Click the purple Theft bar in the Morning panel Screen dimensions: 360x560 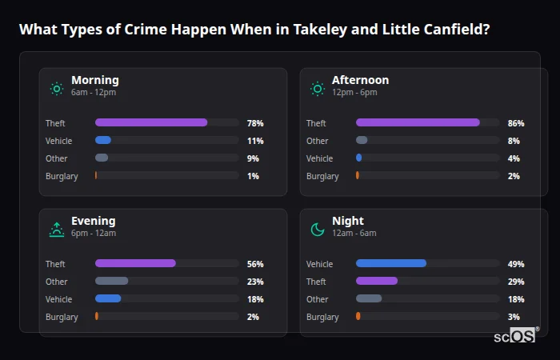click(151, 122)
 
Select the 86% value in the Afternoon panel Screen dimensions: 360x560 click(516, 123)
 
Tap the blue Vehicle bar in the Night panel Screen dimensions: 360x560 click(391, 263)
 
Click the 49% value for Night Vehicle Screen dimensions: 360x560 click(516, 264)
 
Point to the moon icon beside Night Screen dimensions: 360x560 click(318, 230)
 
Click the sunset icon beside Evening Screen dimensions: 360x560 click(57, 230)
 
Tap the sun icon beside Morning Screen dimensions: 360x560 click(57, 89)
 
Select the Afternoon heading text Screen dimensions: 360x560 click(360, 80)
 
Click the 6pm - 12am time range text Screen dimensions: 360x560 click(94, 233)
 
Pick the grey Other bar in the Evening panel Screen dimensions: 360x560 click(112, 281)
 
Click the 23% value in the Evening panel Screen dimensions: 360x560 click(255, 282)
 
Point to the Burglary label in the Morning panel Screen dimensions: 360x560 click(62, 176)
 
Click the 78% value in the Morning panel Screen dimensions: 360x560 click(255, 123)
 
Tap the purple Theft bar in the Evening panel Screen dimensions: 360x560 click(135, 263)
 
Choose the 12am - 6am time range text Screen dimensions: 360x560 click(354, 233)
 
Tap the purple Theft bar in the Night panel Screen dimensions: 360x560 click(377, 281)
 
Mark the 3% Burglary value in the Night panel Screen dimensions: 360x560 click(514, 317)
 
